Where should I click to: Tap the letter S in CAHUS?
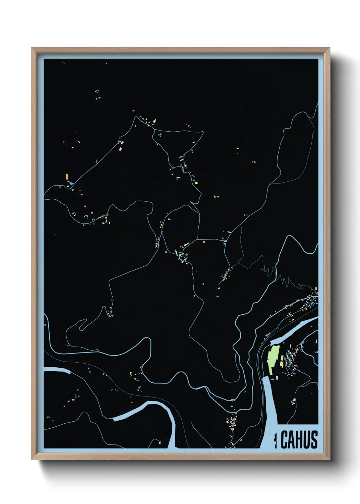coord(314,440)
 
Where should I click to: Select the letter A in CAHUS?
coord(292,440)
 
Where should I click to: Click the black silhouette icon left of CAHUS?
coord(276,440)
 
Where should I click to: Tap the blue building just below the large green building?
coord(272,378)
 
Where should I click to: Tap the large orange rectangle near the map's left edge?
coord(67,177)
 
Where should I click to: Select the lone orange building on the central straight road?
coord(204,242)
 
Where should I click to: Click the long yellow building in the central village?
coord(186,245)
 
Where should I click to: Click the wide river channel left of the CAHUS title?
coord(269,412)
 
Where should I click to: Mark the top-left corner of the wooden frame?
coord(32,48)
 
